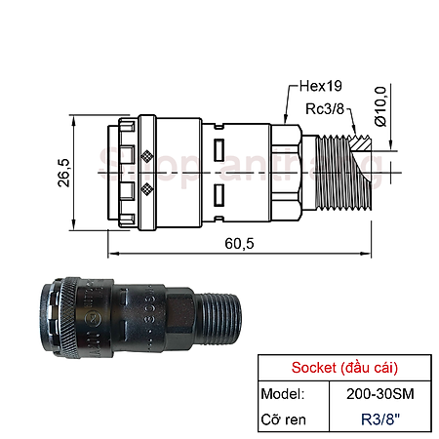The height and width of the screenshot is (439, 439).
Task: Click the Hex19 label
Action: coord(315,88)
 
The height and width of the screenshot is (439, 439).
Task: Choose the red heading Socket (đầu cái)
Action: coord(343,369)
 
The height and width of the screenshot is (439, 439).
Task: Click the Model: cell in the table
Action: coord(283,393)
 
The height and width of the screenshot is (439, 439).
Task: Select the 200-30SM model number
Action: coord(376,393)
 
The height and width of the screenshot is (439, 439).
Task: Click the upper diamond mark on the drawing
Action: coord(146,154)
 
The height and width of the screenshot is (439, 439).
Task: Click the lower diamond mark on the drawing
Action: coord(146,188)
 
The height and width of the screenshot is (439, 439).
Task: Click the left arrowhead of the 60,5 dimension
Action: coord(110,255)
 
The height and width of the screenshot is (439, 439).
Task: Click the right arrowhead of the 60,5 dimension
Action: coord(371,255)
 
